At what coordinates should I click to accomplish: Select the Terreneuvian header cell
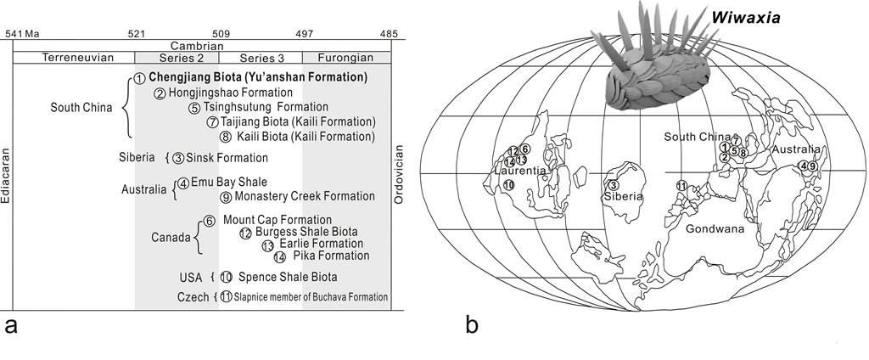[73, 57]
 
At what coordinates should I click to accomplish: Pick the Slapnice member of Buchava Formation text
[311, 296]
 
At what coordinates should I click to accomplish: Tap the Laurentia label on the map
[518, 172]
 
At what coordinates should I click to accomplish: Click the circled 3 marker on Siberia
[613, 186]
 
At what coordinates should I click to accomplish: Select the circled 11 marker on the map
[681, 186]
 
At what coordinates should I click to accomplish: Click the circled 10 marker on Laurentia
[508, 184]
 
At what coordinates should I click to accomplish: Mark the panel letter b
[473, 325]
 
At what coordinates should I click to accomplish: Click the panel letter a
[11, 325]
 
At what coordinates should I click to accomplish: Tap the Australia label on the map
[792, 150]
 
